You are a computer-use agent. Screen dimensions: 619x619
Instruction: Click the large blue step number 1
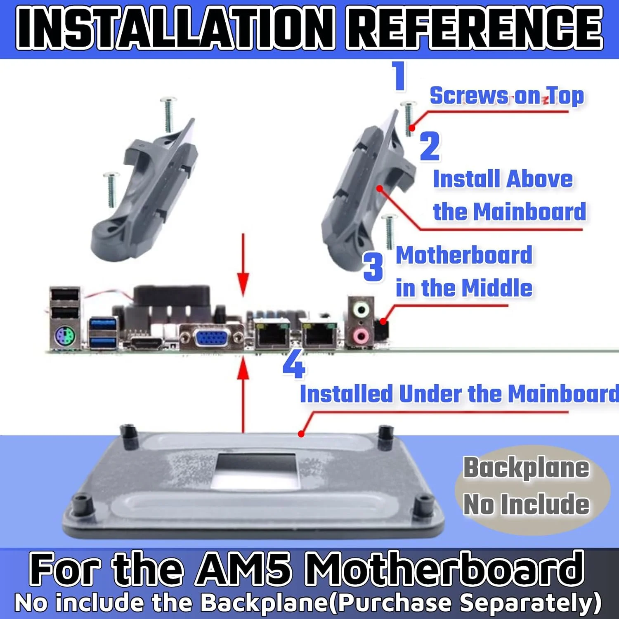[399, 76]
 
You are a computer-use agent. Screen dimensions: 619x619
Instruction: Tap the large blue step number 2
[430, 146]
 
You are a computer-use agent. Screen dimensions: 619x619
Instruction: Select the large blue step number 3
[373, 267]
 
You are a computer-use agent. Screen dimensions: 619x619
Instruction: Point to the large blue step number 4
[294, 363]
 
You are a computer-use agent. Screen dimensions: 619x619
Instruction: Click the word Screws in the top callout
[469, 96]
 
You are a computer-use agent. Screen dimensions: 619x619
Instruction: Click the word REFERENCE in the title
[475, 28]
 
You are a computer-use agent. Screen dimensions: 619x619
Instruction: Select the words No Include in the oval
[526, 504]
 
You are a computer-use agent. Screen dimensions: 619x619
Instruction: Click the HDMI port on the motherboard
[147, 343]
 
